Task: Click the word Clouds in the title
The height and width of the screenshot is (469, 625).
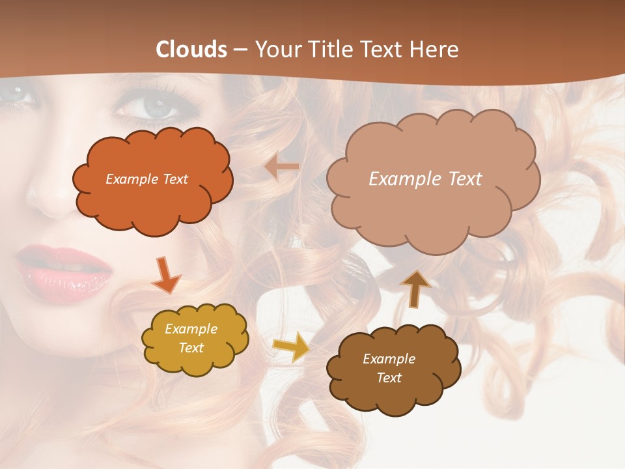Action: [191, 49]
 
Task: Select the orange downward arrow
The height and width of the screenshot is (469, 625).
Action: [166, 274]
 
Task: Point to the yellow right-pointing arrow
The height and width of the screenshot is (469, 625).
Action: [291, 347]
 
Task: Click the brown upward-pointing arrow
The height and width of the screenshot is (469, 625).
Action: [415, 288]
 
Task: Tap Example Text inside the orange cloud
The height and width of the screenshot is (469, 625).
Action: [146, 179]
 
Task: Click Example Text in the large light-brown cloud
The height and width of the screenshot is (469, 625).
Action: [425, 179]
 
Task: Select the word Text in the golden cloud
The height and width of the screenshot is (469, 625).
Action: [191, 348]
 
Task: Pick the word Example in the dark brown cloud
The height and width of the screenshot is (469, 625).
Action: [389, 359]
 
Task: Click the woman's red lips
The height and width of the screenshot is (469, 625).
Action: [64, 268]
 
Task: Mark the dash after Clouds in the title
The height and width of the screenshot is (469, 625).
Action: [240, 50]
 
